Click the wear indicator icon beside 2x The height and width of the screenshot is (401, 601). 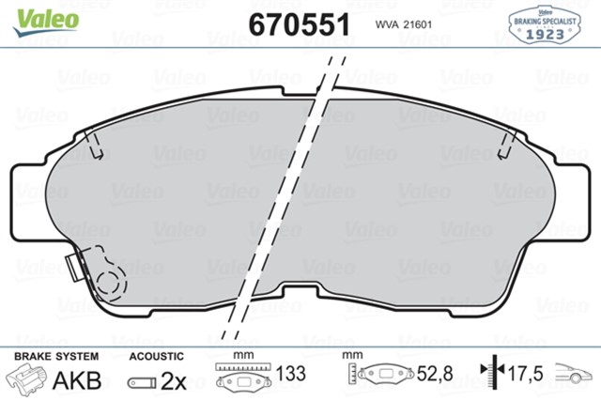pyautogui.click(x=142, y=381)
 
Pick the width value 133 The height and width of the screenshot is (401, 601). pyautogui.click(x=293, y=375)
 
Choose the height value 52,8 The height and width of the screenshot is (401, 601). pyautogui.click(x=434, y=375)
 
